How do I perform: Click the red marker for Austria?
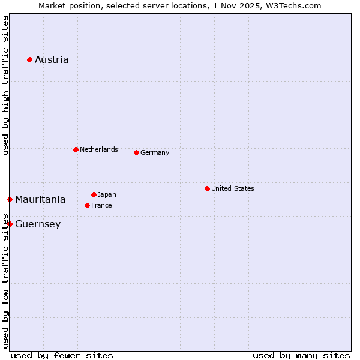pos(29,59)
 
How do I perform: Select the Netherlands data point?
pos(76,149)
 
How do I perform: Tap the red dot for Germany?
pos(136,152)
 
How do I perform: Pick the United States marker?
pos(207,188)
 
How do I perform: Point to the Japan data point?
pos(94,194)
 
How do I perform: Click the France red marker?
pos(87,205)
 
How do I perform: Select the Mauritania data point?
pos(10,199)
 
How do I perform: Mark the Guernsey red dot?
pos(10,224)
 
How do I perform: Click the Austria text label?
pos(52,59)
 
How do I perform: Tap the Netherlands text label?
pos(99,149)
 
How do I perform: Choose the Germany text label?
pos(155,152)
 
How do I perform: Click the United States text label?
pos(233,188)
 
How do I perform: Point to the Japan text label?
pos(107,194)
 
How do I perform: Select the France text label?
pos(101,205)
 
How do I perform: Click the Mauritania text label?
pos(40,199)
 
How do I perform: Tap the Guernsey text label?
pos(38,224)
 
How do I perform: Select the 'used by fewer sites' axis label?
pos(62,355)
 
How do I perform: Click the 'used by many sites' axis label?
pos(301,355)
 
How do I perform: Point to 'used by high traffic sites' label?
pos(6,85)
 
